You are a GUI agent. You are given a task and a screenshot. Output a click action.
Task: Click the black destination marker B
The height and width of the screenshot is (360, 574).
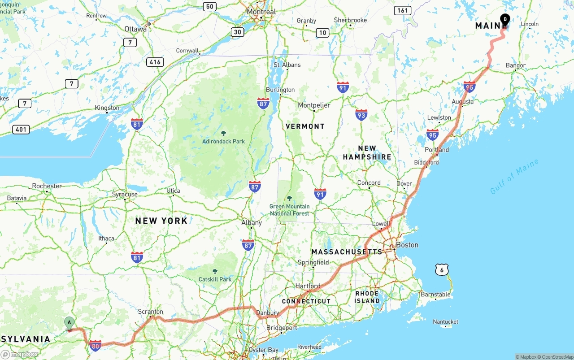(x=505, y=19)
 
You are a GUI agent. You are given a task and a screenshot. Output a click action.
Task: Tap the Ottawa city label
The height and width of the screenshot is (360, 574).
(x=135, y=29)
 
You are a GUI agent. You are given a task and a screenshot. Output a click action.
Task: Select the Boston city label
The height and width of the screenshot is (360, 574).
(x=407, y=245)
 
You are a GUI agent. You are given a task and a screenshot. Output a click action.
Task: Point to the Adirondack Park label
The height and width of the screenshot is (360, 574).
(x=223, y=141)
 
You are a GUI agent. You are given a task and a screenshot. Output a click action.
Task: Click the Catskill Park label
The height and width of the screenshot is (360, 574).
(x=215, y=279)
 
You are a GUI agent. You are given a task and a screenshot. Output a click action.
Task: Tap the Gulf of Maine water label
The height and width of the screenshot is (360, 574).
(x=514, y=177)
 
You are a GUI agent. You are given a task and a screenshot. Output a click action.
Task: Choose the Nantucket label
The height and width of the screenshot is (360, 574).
(x=445, y=321)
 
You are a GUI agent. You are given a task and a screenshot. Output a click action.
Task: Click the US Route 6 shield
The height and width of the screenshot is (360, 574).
(x=442, y=269)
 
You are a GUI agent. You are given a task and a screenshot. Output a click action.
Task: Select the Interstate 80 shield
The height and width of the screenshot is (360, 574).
(x=95, y=345)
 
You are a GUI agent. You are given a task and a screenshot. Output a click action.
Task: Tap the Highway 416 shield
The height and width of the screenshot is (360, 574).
(x=155, y=62)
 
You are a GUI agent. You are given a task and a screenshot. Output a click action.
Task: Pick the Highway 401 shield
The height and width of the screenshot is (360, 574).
(x=21, y=130)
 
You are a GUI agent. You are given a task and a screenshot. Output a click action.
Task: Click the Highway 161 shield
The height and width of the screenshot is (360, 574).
(x=403, y=10)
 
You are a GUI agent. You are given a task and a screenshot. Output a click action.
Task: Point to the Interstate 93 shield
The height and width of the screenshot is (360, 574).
(x=361, y=115)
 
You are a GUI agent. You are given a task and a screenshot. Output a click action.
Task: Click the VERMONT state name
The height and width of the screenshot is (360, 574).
(x=305, y=126)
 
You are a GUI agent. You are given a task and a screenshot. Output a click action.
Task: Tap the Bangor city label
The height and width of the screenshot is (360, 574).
(x=515, y=65)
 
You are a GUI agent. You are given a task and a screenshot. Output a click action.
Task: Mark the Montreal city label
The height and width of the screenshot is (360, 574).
(x=261, y=12)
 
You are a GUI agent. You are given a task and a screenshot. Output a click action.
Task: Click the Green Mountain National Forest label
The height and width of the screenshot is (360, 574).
(x=289, y=210)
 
